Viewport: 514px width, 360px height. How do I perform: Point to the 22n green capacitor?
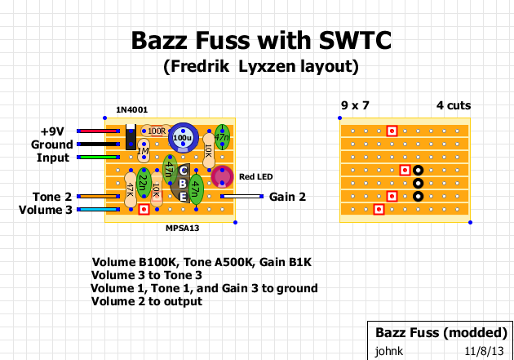tap(143, 184)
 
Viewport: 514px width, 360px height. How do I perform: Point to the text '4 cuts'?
tap(453, 105)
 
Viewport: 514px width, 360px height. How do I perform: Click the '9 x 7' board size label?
tap(354, 105)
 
